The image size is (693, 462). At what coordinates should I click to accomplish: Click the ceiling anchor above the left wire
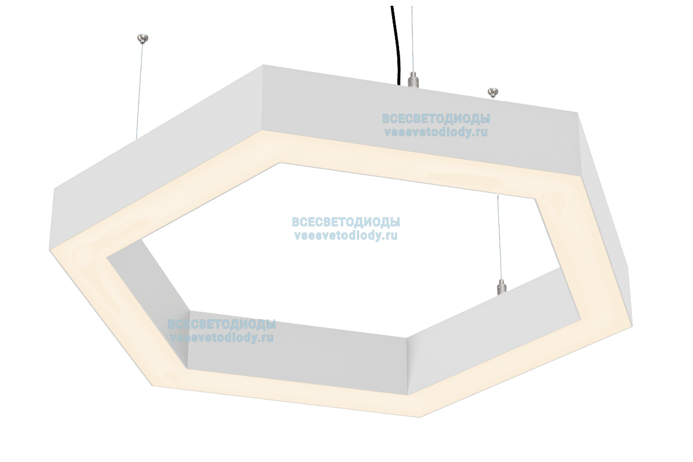point(143,39)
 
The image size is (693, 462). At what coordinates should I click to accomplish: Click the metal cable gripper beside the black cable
point(412,79)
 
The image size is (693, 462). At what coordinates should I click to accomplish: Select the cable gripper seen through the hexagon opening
point(500,285)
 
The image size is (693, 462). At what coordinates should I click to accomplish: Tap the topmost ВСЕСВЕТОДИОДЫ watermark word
point(436,119)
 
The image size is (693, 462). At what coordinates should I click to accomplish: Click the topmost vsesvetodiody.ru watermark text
point(436,132)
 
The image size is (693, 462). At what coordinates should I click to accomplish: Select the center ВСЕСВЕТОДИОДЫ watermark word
point(346,222)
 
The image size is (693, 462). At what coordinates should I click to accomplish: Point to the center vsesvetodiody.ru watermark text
point(346,235)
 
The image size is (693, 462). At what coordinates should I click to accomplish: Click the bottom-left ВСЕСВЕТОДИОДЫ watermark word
point(222,325)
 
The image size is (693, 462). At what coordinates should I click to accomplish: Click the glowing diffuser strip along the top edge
point(404,151)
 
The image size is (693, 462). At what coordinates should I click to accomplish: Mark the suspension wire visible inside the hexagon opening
point(500,237)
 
